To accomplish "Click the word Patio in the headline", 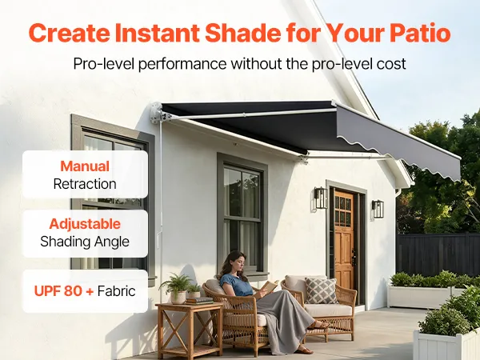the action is point(420,33).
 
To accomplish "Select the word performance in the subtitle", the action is point(182,65).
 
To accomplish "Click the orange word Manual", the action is point(85,166).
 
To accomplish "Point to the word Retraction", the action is point(85,184).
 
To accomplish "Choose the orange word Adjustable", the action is point(85,224).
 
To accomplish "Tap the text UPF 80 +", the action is point(64,291).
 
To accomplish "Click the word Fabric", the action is point(116,291).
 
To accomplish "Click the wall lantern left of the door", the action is point(321,198).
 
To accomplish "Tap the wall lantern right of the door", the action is point(378,209).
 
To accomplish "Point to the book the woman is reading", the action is point(267,288).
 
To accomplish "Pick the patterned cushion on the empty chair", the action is point(321,290).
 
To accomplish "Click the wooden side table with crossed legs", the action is point(189,330).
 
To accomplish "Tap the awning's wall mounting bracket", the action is point(158,114).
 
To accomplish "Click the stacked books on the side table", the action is point(198,301).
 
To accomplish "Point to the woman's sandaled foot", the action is point(304,350).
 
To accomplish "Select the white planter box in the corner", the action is point(446,344).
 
